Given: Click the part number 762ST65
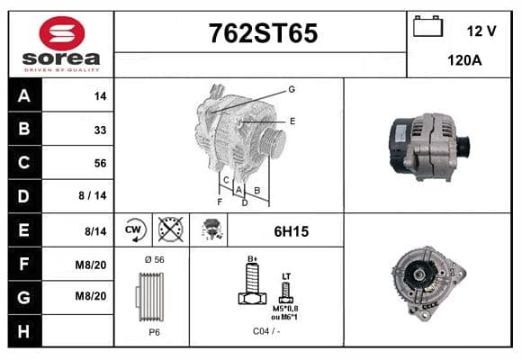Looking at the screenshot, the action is coord(263,33).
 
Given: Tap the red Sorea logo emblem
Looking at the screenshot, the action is coord(62,33).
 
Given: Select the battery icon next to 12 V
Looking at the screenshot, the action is coord(427,26).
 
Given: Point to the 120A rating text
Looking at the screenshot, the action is coord(464,60).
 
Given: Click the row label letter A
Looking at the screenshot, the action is coord(24,96).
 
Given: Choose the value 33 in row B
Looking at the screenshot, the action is coord(100,130).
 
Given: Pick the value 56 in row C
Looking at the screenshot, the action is coord(100,163).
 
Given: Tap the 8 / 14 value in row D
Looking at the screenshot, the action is coord(93,195).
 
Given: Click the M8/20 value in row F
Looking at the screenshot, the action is coord(91,265).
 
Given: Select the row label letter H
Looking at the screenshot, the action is coord(24,331).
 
